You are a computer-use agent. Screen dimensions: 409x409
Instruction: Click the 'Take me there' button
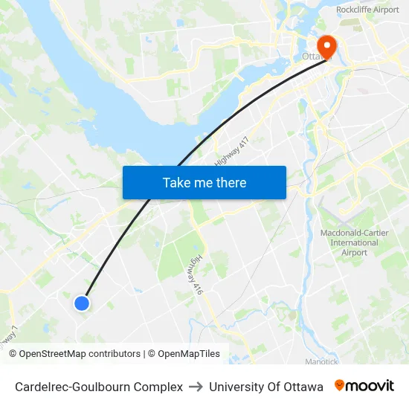(x=204, y=182)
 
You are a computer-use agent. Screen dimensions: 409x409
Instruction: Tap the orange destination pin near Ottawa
(x=326, y=46)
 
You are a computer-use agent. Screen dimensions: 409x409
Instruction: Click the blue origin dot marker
(x=82, y=303)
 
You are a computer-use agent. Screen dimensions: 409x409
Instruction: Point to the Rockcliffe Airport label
(x=367, y=10)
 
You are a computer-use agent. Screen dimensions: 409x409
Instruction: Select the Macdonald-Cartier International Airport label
(x=354, y=242)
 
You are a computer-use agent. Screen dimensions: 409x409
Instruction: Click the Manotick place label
(x=321, y=362)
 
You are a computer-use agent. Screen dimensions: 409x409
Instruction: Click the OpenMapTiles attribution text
(x=188, y=354)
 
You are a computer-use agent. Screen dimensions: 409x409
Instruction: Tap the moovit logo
(x=364, y=386)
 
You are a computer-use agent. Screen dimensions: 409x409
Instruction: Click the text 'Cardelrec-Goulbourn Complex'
(x=99, y=387)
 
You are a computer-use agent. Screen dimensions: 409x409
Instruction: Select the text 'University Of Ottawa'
(x=266, y=387)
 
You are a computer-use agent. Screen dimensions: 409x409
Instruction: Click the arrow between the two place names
(x=196, y=387)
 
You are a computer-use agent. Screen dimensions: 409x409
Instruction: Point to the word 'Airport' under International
(x=354, y=253)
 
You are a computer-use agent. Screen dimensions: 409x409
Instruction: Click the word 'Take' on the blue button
(x=175, y=182)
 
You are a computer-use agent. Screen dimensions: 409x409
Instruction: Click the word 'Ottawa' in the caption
(x=304, y=387)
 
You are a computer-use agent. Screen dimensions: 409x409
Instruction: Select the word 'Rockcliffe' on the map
(x=352, y=10)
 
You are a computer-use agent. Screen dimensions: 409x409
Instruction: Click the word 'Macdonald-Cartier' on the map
(x=354, y=233)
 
